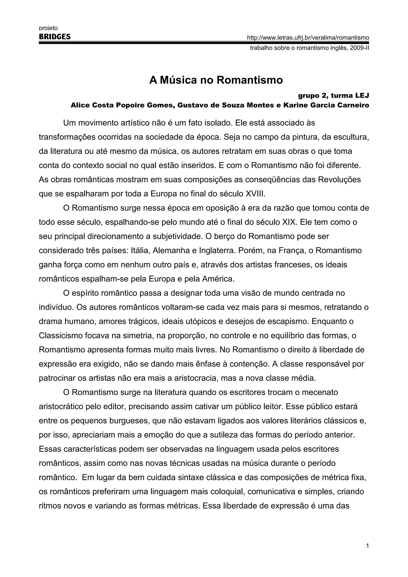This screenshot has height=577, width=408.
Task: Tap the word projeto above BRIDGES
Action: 48,28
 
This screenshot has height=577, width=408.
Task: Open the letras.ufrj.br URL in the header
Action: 308,38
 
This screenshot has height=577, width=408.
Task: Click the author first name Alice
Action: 80,105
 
